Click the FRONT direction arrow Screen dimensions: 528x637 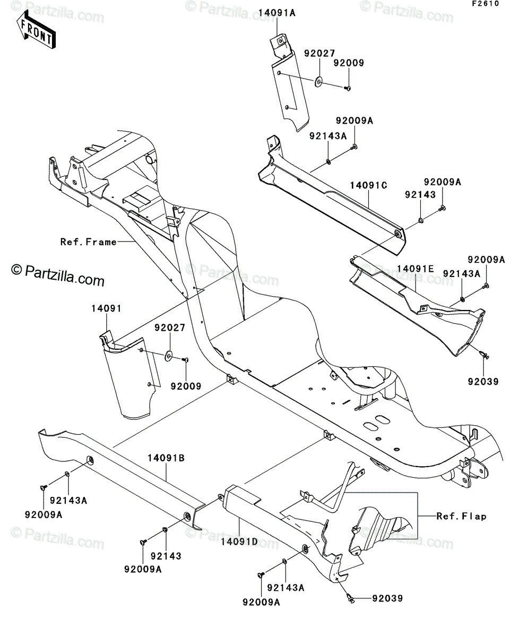(36, 30)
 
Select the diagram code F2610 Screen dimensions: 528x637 (486, 4)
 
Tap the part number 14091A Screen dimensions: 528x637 (277, 13)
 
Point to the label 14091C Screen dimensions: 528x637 (368, 185)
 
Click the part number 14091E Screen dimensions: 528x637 (415, 269)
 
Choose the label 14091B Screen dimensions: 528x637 (166, 467)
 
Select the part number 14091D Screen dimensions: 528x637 (239, 542)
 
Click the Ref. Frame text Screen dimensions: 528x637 (89, 242)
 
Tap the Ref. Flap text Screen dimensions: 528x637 (461, 516)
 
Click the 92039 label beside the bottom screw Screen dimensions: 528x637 (387, 599)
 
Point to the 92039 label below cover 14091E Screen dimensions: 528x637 (483, 382)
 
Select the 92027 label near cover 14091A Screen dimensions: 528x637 (319, 54)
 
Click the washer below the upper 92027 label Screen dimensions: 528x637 (319, 81)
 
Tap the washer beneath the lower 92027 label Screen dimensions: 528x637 (169, 356)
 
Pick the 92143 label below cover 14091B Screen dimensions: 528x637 (166, 556)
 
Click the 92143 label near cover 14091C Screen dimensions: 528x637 (420, 195)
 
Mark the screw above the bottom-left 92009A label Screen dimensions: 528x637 (44, 488)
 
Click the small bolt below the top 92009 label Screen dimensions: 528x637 (347, 88)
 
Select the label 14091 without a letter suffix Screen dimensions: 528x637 (107, 308)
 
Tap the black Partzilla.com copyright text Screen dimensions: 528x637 (58, 275)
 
